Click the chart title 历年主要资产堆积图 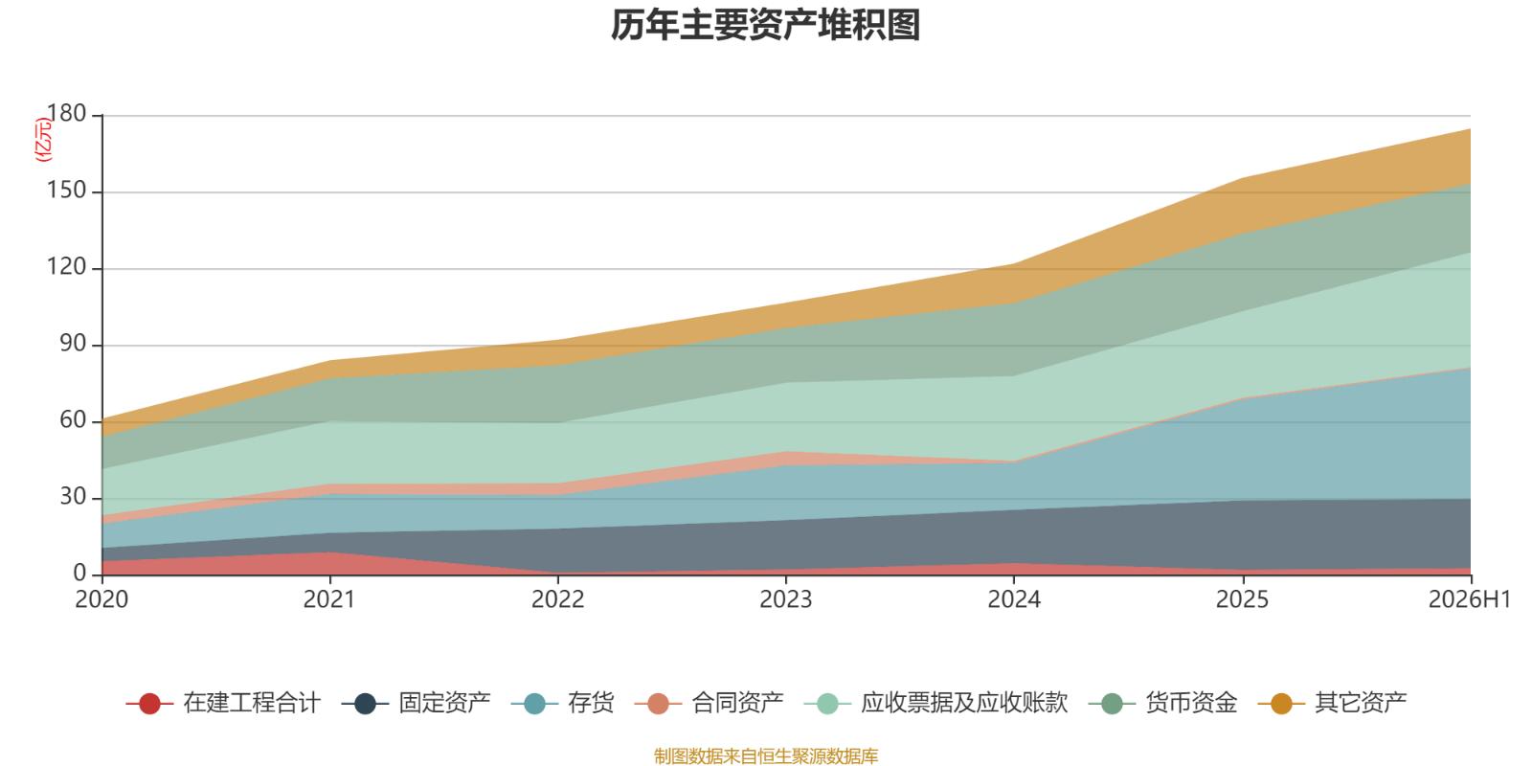pos(765,25)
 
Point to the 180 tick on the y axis pos(66,114)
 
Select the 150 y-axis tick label pos(66,191)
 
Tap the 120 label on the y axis pos(66,267)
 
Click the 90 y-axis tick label pos(73,344)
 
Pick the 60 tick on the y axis pos(73,420)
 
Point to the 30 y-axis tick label pos(73,497)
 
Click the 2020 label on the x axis pos(101,599)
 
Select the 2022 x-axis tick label pos(558,599)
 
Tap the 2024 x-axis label pos(1014,599)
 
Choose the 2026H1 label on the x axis pos(1470,599)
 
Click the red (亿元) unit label pos(43,140)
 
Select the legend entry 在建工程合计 pos(223,703)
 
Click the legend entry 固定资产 pos(416,703)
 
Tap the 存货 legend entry pos(562,703)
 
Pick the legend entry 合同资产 pos(709,703)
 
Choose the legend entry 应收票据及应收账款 pos(935,703)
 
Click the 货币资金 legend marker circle pos(1113,704)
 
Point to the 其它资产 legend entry pos(1332,703)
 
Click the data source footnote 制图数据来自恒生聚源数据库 pos(766,755)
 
